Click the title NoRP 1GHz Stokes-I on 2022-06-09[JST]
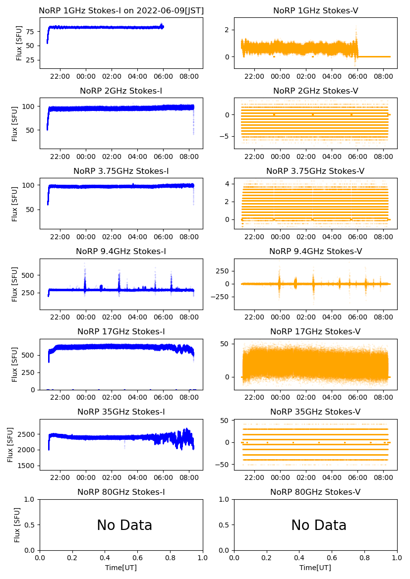(x=121, y=10)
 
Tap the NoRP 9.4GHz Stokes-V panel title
(x=315, y=251)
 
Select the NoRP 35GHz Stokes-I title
(x=121, y=412)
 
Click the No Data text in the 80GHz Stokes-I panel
(x=124, y=525)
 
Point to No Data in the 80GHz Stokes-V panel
(x=319, y=525)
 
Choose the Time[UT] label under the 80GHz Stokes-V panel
(x=315, y=568)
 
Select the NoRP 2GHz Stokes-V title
(x=315, y=91)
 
